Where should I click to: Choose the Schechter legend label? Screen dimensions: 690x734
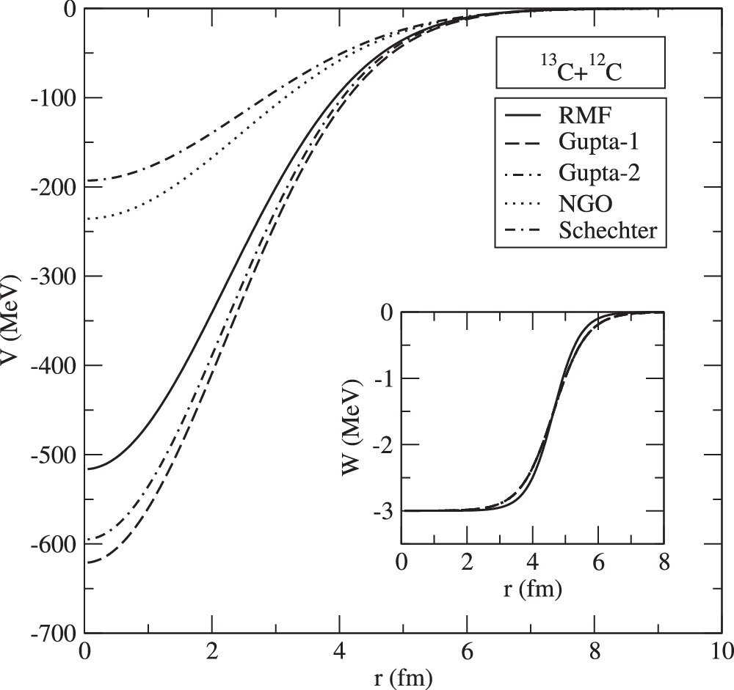pyautogui.click(x=613, y=230)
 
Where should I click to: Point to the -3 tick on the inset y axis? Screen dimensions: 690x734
pyautogui.click(x=386, y=511)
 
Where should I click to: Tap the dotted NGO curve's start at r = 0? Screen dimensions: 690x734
pyautogui.click(x=88, y=219)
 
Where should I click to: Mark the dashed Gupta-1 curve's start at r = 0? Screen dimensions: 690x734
pyautogui.click(x=88, y=562)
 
